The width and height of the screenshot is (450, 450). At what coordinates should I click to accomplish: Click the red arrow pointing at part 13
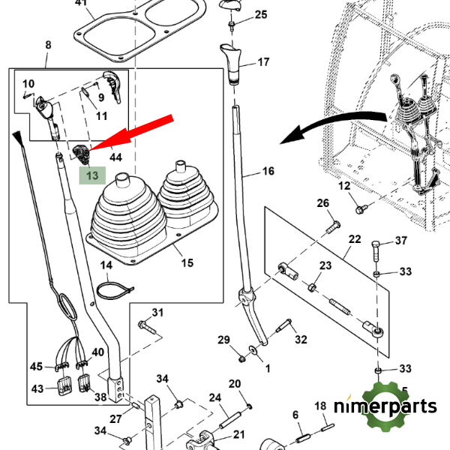click(x=135, y=133)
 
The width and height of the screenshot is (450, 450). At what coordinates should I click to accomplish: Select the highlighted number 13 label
click(x=92, y=175)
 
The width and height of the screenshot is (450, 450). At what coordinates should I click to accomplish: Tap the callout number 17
click(x=263, y=63)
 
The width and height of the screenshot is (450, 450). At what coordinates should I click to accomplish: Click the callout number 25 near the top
click(x=260, y=14)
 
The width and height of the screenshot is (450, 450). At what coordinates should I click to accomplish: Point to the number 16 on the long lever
click(x=268, y=172)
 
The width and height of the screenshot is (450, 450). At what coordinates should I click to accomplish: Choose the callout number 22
click(x=354, y=238)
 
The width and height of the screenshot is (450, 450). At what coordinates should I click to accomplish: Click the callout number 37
click(x=401, y=241)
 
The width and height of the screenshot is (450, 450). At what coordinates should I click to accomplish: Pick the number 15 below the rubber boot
click(x=187, y=262)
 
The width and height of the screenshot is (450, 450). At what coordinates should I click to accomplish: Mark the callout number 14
click(x=106, y=265)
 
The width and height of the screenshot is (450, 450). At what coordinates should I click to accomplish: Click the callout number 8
click(x=48, y=45)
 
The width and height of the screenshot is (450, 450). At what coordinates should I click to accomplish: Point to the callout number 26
click(x=322, y=203)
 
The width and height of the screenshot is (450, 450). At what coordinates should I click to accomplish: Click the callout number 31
click(x=157, y=312)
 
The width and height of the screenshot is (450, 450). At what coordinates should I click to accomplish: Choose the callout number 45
click(x=37, y=367)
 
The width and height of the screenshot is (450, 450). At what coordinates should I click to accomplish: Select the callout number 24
click(x=214, y=397)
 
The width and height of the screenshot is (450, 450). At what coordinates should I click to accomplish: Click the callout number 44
click(x=115, y=157)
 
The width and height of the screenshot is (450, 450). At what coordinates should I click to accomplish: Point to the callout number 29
click(x=224, y=340)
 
